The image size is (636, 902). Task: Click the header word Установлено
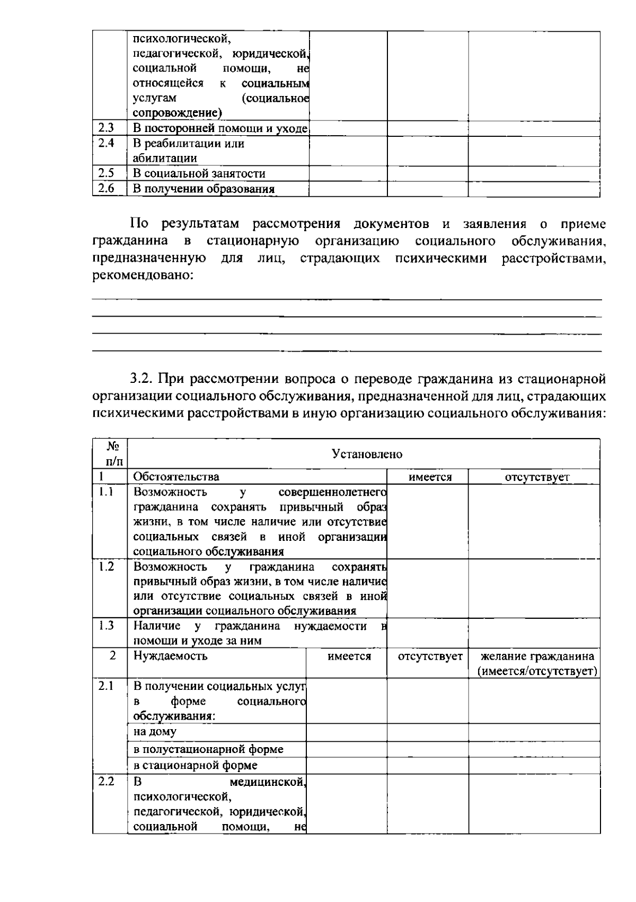[x=367, y=454]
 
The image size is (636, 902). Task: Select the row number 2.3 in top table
[x=106, y=128]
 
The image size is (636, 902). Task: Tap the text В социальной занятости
[x=199, y=173]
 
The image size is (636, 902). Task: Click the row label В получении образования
[x=204, y=189]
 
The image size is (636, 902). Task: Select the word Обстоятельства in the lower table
[x=176, y=477]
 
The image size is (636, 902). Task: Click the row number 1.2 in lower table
[x=106, y=566]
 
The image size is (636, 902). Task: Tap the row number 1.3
[x=106, y=625]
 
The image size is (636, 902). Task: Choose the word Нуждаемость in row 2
[x=170, y=656]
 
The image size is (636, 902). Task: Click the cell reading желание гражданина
[x=537, y=656]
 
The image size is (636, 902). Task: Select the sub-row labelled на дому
[x=155, y=732]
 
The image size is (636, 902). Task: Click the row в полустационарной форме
[x=208, y=749]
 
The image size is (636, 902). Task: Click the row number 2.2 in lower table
[x=106, y=782]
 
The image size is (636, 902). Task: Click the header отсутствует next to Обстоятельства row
[x=537, y=477]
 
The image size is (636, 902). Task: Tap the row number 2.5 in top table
[x=106, y=173]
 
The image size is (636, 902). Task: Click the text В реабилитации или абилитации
[x=188, y=151]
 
